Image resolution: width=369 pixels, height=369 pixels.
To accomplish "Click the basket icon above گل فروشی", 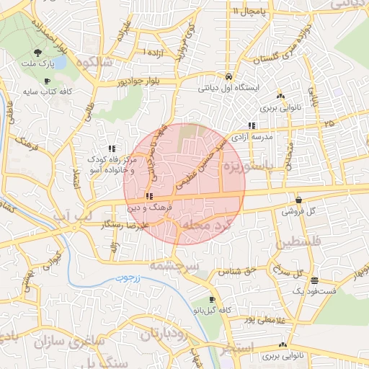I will point(298,200).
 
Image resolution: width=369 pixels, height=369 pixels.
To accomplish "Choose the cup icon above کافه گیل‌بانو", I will point(210,299).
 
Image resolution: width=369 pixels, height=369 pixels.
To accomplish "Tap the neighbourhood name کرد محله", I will point(207,226).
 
